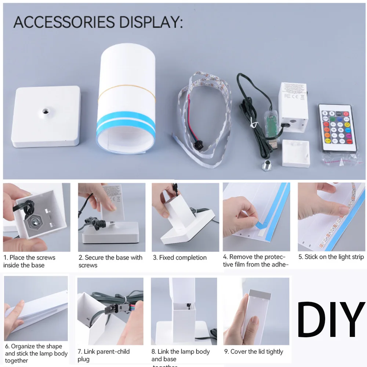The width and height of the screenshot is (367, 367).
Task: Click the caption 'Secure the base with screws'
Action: pyautogui.click(x=110, y=261)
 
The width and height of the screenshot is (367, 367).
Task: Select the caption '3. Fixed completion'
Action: pyautogui.click(x=179, y=258)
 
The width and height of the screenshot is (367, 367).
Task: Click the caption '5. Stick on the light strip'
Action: pyautogui.click(x=331, y=257)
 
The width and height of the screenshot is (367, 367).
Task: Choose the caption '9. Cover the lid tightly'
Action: pyautogui.click(x=254, y=352)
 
